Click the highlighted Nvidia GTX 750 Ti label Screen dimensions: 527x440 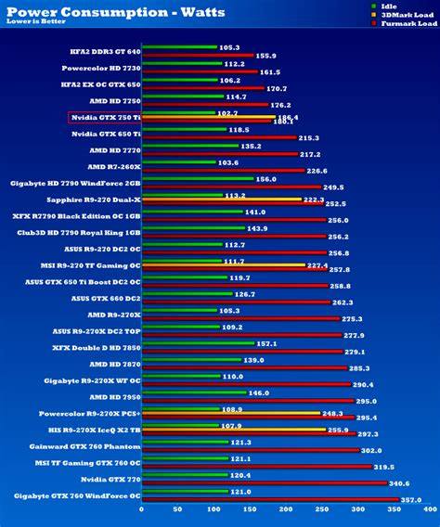(x=106, y=117)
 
